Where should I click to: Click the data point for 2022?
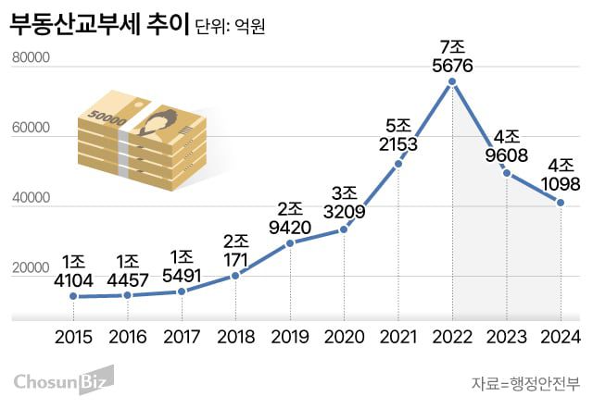(452, 82)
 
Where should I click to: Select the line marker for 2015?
(73, 296)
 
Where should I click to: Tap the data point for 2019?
(290, 242)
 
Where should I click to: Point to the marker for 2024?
(561, 203)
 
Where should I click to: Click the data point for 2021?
(398, 164)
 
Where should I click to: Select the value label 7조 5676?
(452, 56)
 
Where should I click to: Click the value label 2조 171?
(235, 238)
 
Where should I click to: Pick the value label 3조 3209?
(345, 202)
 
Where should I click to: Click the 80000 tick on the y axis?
(31, 59)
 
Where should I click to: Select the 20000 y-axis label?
(31, 268)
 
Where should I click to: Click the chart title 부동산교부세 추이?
(101, 25)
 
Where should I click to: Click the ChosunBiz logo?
(62, 379)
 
